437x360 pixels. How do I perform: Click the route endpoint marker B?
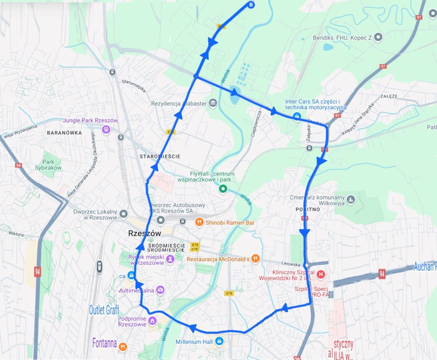coord(251,5)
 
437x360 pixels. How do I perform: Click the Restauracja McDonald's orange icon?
coord(255,258)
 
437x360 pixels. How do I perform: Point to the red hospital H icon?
coord(321,274)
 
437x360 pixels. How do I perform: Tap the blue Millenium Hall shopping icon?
coord(219,341)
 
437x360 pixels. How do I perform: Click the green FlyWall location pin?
coord(222,189)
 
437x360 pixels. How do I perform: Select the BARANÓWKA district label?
coord(64,133)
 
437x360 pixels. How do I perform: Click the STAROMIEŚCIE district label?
coord(160,157)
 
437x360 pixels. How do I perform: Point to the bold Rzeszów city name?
coord(145,234)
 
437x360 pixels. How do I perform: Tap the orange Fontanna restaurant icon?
coord(123,346)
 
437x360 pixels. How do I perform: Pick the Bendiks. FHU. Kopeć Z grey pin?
coord(378,38)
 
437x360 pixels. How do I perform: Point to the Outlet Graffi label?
coord(104,310)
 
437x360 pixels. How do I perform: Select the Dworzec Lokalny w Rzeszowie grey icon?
coord(124,213)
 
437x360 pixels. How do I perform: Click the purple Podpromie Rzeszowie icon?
coord(152,321)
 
